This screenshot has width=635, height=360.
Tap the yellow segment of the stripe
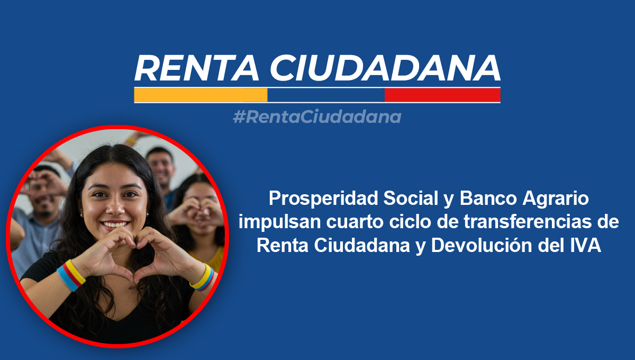click(x=201, y=95)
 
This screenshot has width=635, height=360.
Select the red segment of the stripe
click(x=442, y=95)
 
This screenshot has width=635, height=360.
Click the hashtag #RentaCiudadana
click(x=316, y=117)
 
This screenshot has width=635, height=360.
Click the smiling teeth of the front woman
click(x=115, y=224)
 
